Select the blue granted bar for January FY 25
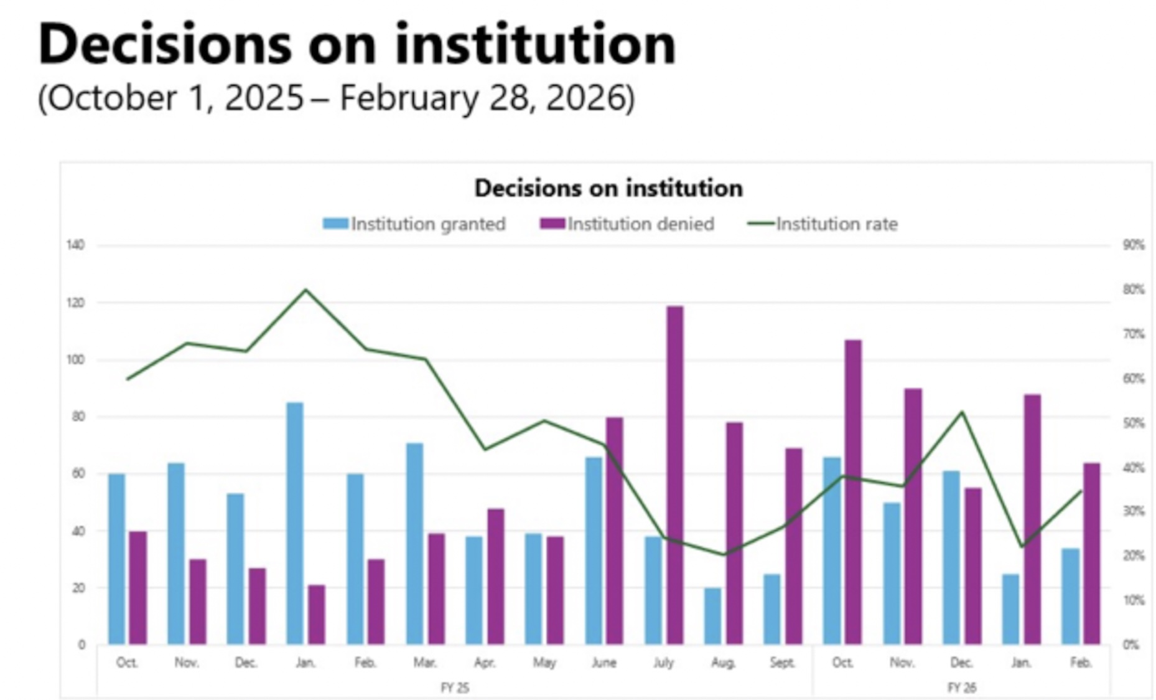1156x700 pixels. point(295,523)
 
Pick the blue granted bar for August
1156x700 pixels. point(712,616)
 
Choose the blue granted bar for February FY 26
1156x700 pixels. point(1070,596)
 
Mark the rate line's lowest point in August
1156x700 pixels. point(724,554)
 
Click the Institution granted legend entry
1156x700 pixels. point(414,224)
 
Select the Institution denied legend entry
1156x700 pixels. point(627,224)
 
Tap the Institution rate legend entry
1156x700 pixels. point(823,224)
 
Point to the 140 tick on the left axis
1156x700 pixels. point(75,245)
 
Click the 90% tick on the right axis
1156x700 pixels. point(1133,245)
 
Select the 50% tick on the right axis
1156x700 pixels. point(1133,423)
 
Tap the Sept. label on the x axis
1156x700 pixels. point(782,663)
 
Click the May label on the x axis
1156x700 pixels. point(544,663)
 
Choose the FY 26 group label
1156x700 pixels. point(961,688)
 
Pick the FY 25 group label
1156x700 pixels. point(455,688)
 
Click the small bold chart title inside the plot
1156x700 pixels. point(608,188)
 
